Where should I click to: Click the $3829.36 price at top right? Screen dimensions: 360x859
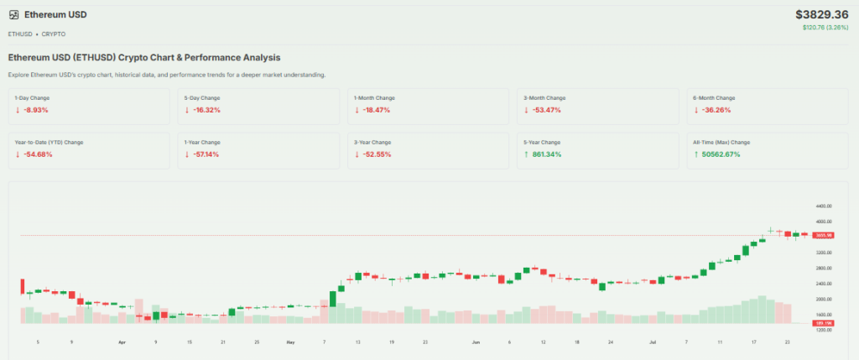click(822, 14)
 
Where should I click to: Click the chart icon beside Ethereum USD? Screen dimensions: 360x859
click(14, 15)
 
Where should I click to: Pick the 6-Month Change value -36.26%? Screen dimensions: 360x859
click(712, 110)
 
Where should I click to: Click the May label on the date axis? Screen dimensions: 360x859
click(290, 342)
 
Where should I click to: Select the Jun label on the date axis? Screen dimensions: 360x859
click(476, 342)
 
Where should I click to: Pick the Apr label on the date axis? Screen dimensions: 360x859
click(122, 342)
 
